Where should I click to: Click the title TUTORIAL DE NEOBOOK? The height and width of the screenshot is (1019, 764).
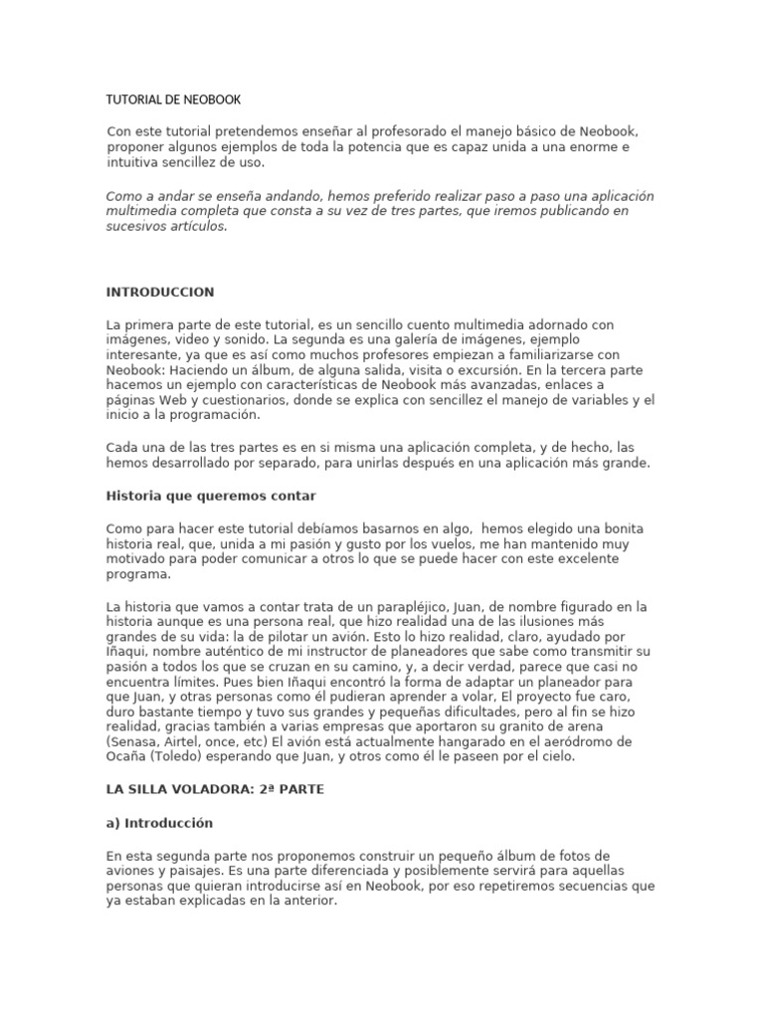[173, 100]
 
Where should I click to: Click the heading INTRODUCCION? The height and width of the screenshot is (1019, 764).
[159, 293]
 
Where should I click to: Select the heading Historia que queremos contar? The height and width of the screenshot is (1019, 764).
[211, 496]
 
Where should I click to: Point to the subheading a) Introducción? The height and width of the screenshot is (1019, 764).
[159, 824]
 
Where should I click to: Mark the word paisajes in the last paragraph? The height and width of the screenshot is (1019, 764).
[196, 872]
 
